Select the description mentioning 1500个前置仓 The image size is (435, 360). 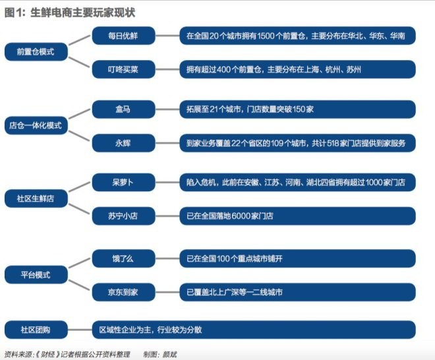(x=297, y=35)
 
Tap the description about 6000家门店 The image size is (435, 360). (x=297, y=215)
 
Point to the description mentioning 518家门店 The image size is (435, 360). (x=297, y=142)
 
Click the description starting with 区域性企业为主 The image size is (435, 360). (x=253, y=329)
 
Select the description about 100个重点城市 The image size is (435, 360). (x=297, y=258)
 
